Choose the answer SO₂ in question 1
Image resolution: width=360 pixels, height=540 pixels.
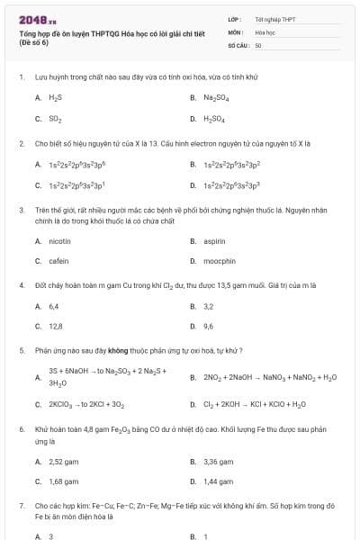55,118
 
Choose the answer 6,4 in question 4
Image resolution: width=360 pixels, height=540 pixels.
54,306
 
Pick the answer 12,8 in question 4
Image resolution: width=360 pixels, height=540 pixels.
56,326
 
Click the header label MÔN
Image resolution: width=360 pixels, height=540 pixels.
235,31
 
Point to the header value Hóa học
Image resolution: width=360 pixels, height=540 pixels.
264,31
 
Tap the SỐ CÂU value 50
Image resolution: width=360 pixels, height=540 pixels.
258,44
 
